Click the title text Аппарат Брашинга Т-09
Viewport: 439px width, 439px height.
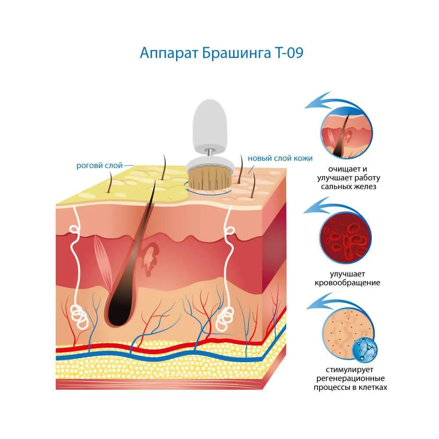click(221, 53)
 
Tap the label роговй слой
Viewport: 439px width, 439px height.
click(99, 166)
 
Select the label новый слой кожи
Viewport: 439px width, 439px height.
click(280, 158)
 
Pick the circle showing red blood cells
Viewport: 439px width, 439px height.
click(346, 238)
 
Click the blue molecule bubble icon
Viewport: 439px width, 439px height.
click(365, 350)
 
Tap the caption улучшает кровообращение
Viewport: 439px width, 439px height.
click(347, 278)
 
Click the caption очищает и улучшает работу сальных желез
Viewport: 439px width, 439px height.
click(349, 178)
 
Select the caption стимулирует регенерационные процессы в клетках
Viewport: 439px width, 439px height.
click(350, 378)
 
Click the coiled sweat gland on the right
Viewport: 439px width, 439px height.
click(225, 319)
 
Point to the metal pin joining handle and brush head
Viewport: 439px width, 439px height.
click(210, 152)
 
